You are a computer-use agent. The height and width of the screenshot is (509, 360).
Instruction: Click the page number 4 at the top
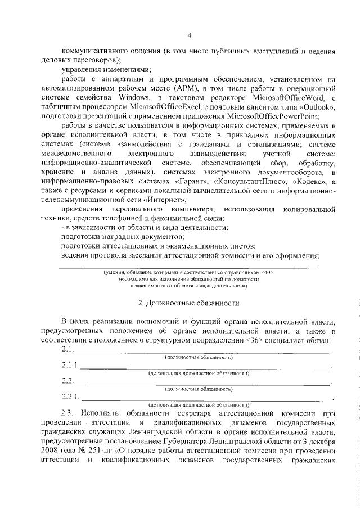pyautogui.click(x=190, y=35)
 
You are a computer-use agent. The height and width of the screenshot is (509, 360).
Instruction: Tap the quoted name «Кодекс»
pyautogui.click(x=305, y=182)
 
